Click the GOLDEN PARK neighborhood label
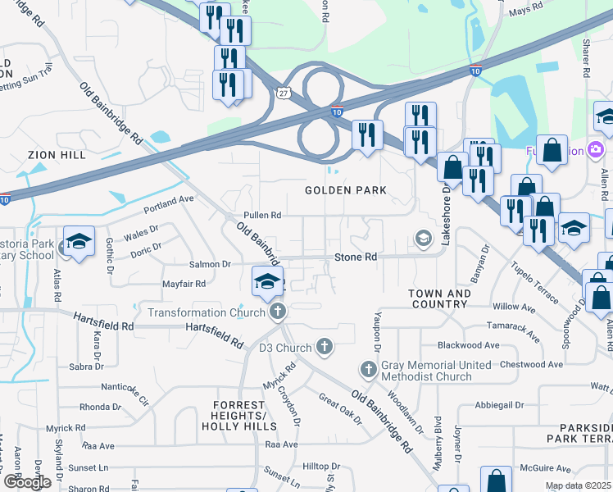345,190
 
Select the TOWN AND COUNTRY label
440,298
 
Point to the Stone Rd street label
356,257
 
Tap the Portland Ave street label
168,204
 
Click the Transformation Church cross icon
279,312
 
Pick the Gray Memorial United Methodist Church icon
368,370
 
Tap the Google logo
27,481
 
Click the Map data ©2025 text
578,486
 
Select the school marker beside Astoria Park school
79,242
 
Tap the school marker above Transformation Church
267,282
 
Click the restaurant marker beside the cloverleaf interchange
367,134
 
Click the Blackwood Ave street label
468,345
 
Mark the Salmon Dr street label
211,264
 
